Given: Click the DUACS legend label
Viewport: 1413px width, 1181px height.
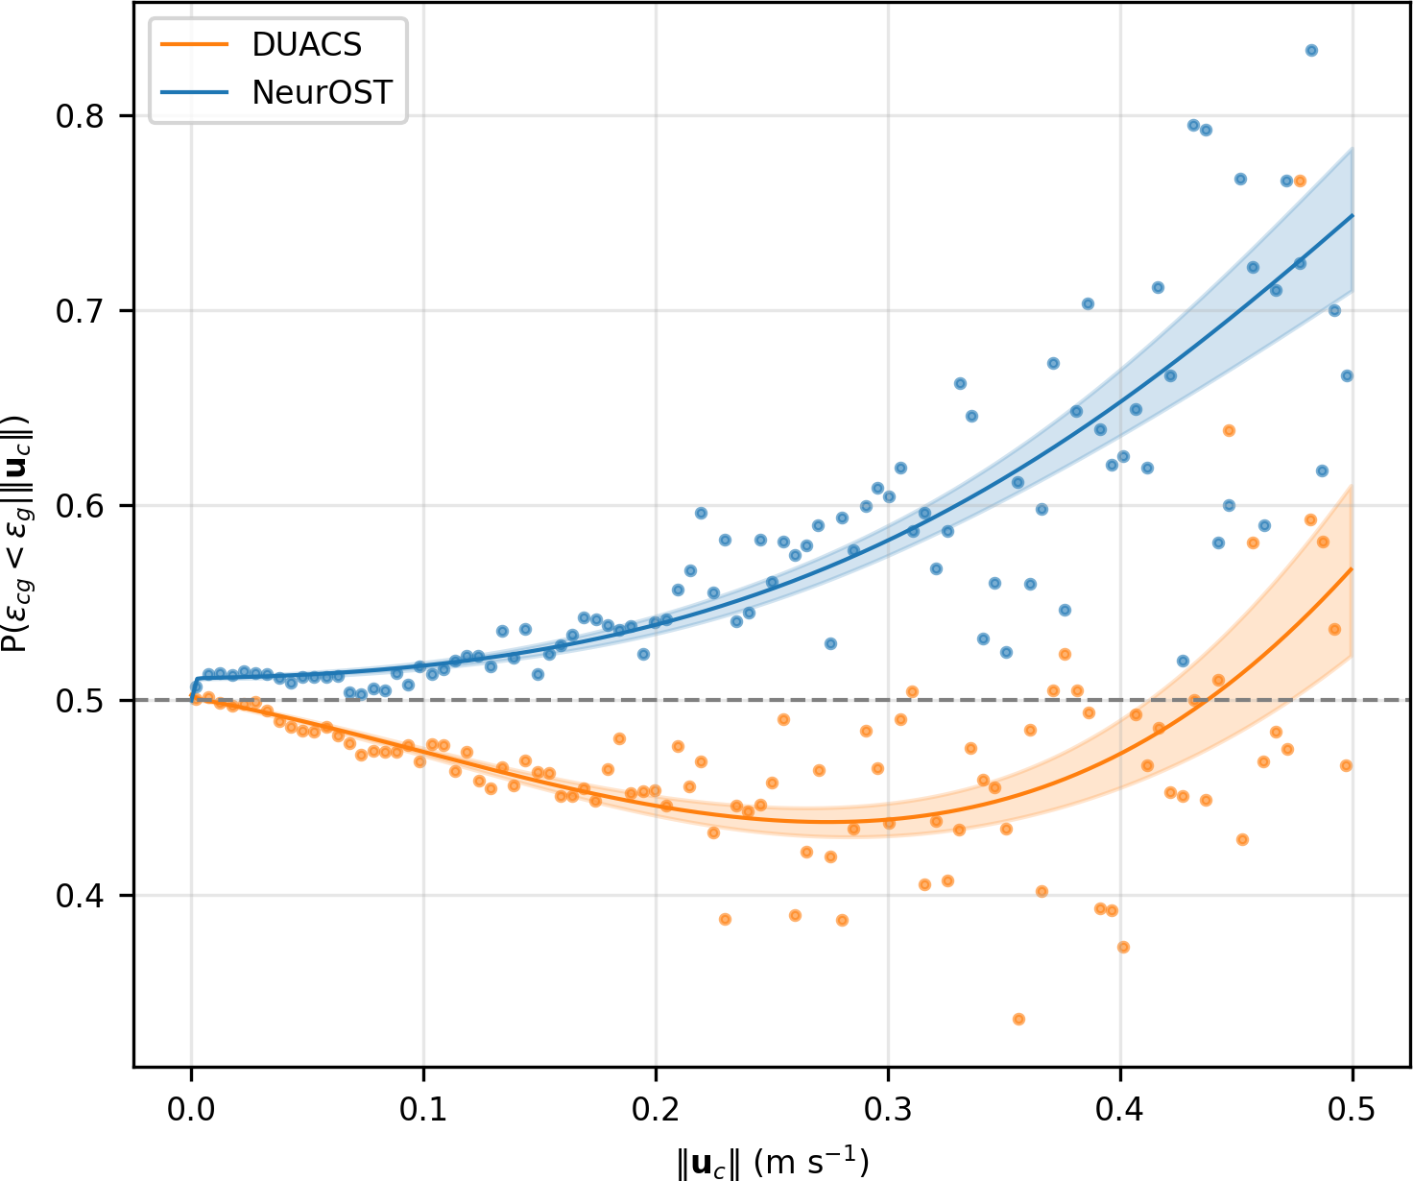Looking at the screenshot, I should (306, 44).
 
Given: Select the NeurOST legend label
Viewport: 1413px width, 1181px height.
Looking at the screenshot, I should (322, 92).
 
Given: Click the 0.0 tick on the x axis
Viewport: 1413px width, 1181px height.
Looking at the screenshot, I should (191, 1111).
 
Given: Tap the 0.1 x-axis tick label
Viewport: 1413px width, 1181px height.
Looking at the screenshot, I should (423, 1111).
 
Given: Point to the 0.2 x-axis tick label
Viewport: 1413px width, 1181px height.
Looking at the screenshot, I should (656, 1111).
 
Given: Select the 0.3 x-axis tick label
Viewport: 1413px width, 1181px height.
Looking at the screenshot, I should (888, 1111).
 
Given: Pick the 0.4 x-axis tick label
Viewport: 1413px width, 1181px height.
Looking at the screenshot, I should (1120, 1111).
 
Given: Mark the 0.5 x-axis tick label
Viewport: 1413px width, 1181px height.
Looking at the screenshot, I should (1353, 1111).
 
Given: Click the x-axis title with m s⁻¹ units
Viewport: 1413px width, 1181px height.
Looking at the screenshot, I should (773, 1163).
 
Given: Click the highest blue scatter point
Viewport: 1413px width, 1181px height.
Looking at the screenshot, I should (1311, 51).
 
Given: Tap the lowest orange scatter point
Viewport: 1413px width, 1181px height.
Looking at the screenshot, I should (1018, 1019).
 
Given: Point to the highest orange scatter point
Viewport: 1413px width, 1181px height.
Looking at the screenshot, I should (1300, 181).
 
